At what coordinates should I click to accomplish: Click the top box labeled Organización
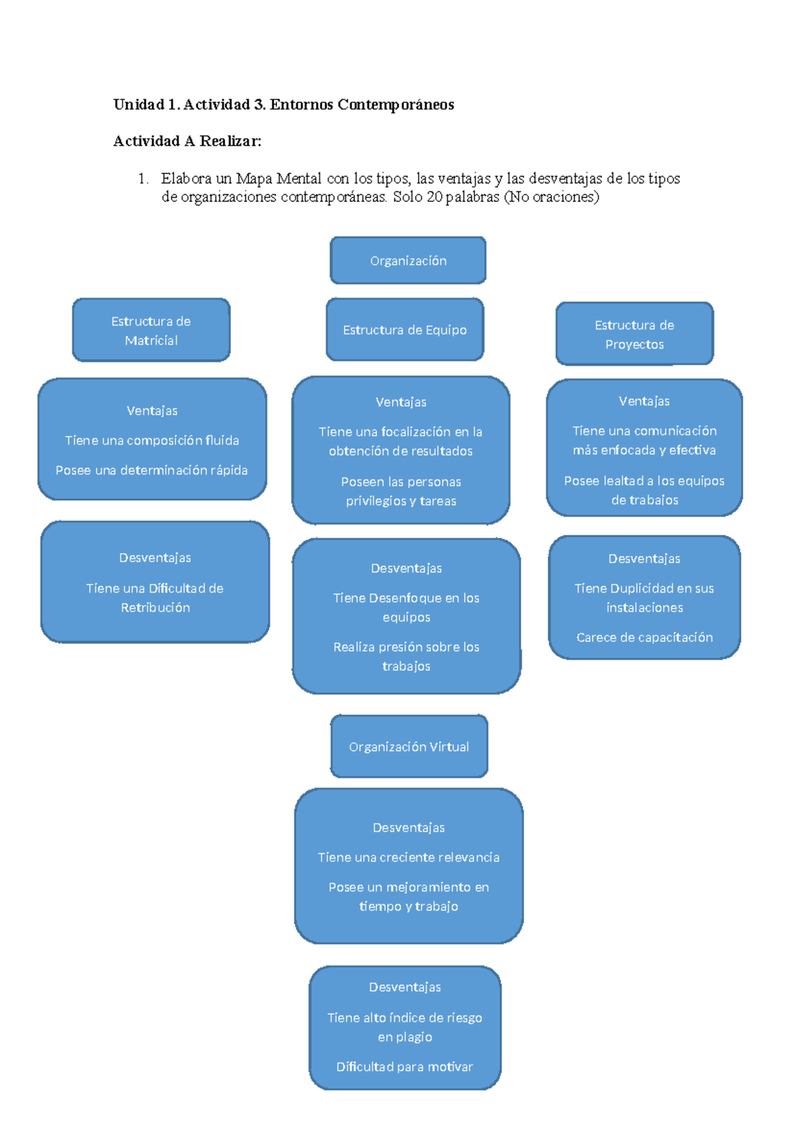pos(408,261)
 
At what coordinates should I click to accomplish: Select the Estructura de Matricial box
pos(151,330)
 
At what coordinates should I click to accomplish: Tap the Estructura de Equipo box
pos(405,330)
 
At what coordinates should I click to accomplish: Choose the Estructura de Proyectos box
pos(634,334)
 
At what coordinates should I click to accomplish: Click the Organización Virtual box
pos(409,747)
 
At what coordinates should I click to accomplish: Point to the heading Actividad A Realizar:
pos(187,141)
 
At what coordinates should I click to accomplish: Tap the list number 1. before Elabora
pos(143,179)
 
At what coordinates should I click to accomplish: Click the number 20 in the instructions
pos(435,197)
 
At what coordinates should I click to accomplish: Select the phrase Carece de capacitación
pos(644,638)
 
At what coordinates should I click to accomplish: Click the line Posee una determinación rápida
pos(152,470)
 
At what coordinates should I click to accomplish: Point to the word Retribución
pos(155,608)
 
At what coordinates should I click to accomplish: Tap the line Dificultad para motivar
pos(404,1067)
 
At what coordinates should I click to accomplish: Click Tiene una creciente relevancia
pos(408,857)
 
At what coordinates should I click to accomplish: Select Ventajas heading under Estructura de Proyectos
pos(644,401)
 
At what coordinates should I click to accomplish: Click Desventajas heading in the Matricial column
pos(155,558)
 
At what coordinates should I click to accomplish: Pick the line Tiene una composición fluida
pos(152,440)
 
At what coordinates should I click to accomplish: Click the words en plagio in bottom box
pos(405,1037)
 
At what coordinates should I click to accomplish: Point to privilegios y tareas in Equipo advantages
pos(401,501)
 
